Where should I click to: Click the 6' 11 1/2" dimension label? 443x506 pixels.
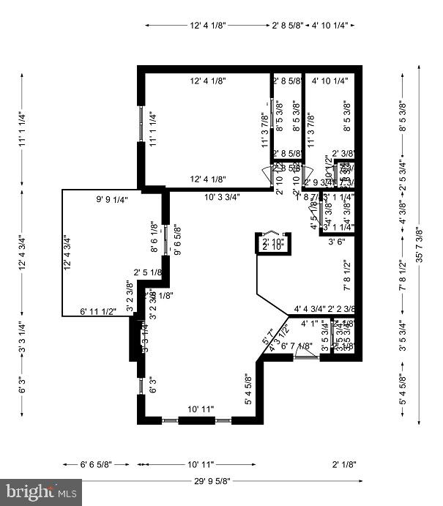[x=98, y=312]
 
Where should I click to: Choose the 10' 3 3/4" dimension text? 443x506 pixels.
[x=228, y=196]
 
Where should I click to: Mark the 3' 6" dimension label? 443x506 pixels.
[x=336, y=241]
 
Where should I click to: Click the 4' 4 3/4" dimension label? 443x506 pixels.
[x=310, y=309]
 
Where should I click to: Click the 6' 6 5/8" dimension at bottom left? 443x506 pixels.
[x=97, y=464]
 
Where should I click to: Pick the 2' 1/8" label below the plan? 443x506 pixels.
[x=343, y=464]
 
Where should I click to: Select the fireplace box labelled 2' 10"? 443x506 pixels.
[x=272, y=243]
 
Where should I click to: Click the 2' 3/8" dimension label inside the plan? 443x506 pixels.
[x=343, y=153]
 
